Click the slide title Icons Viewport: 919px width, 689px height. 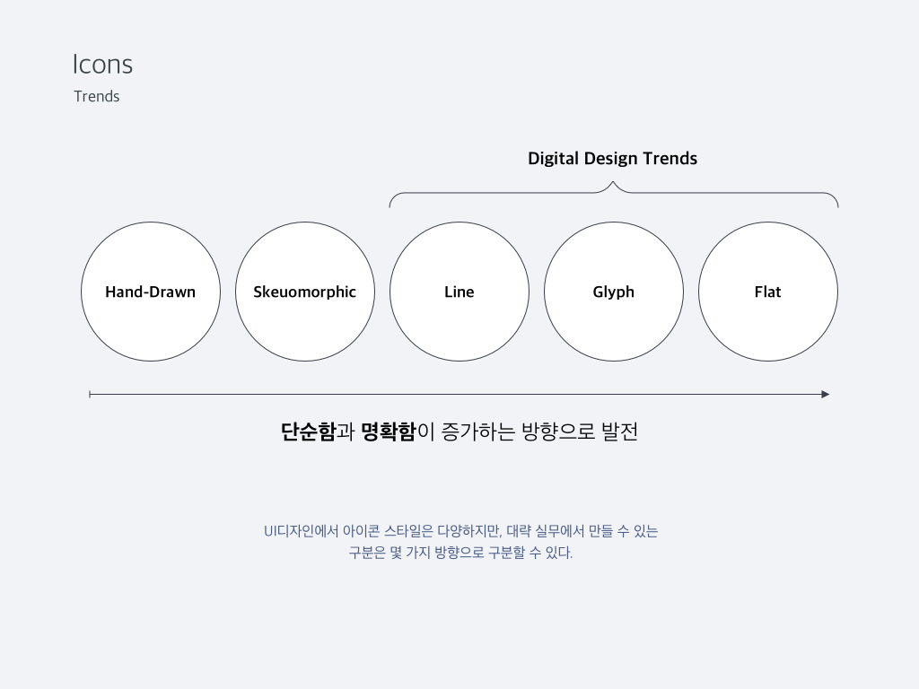click(x=102, y=65)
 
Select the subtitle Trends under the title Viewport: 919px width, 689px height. click(x=96, y=97)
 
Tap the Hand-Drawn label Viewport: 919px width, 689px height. click(x=150, y=292)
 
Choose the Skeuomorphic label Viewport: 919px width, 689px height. click(x=304, y=292)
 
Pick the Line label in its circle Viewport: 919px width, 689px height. click(x=459, y=292)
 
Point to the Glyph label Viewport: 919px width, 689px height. click(x=613, y=292)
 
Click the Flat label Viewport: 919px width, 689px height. click(x=767, y=292)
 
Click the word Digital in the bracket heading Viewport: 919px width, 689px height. click(x=554, y=159)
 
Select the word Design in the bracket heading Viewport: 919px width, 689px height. click(x=611, y=159)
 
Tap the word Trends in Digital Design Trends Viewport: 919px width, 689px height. click(x=670, y=159)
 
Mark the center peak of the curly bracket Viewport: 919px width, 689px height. click(x=613, y=184)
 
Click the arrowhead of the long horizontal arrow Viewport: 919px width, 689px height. click(x=825, y=394)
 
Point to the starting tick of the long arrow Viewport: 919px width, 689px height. click(x=90, y=394)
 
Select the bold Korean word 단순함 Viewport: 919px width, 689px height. click(x=308, y=432)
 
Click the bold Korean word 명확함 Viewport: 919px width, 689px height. click(x=388, y=432)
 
